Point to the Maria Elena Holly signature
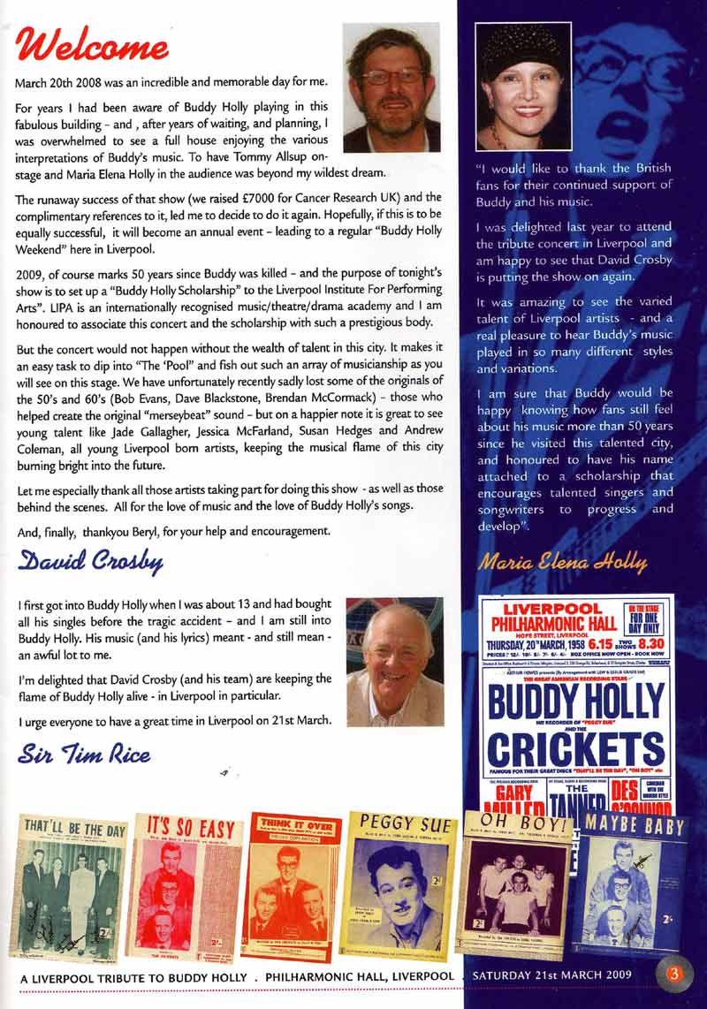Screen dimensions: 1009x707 click(563, 561)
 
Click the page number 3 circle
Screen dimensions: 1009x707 click(674, 975)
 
